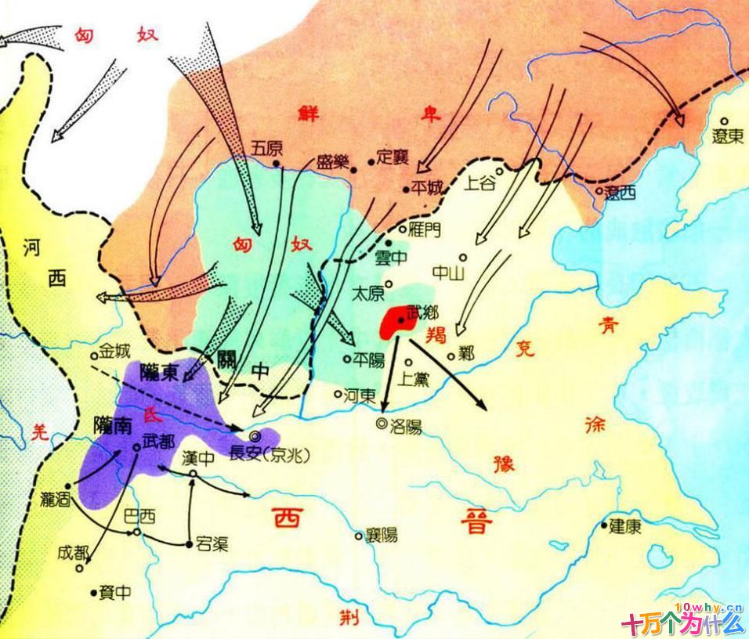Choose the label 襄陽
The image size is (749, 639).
click(382, 536)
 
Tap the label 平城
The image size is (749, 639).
click(428, 187)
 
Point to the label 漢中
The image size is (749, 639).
click(197, 459)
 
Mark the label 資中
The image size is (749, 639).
click(115, 593)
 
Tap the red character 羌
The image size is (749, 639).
click(35, 430)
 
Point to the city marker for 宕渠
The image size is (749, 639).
click(190, 543)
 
